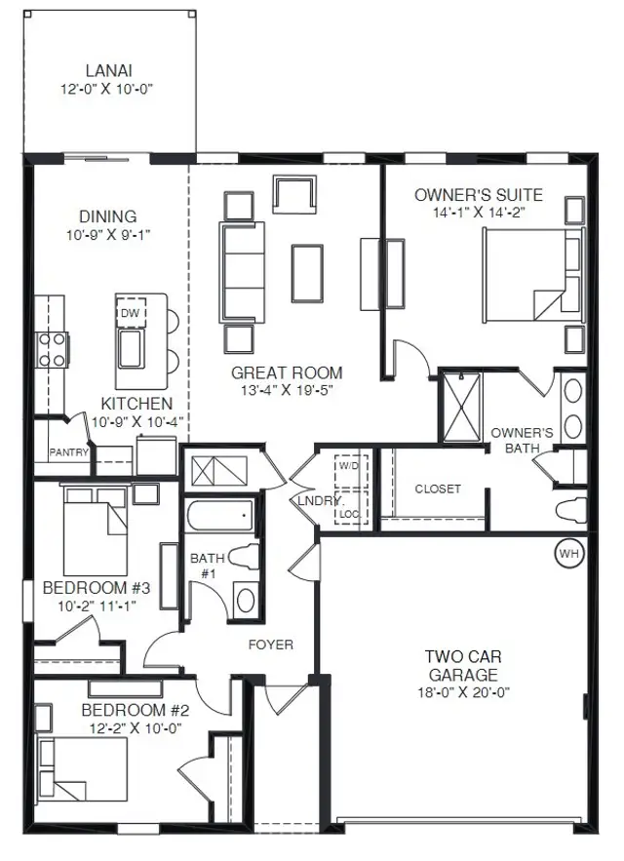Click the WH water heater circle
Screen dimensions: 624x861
pyautogui.click(x=569, y=553)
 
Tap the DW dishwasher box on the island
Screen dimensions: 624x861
pyautogui.click(x=131, y=313)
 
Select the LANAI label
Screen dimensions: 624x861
pyautogui.click(x=109, y=71)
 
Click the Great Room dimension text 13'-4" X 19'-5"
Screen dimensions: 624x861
pyautogui.click(x=287, y=390)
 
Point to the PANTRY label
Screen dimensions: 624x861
pyautogui.click(x=68, y=452)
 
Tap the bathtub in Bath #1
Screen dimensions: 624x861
pyautogui.click(x=219, y=516)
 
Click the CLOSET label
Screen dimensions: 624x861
pyautogui.click(x=438, y=489)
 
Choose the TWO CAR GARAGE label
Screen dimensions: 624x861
pyautogui.click(x=463, y=666)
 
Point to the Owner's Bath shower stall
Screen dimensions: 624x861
pyautogui.click(x=462, y=408)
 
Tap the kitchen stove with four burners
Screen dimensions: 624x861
pyautogui.click(x=53, y=350)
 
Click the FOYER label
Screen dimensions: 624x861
pyautogui.click(x=271, y=645)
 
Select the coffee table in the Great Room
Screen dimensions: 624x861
pyautogui.click(x=307, y=273)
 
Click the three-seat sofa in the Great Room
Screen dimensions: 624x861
pyautogui.click(x=242, y=272)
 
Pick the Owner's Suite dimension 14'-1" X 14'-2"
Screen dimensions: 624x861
pyautogui.click(x=478, y=212)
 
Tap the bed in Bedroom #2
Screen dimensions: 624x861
pyautogui.click(x=82, y=768)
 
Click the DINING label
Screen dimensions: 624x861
pyautogui.click(x=108, y=216)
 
